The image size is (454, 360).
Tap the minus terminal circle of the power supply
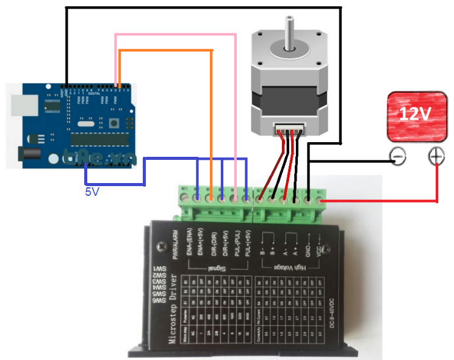click(397, 158)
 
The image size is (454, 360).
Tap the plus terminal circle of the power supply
click(436, 157)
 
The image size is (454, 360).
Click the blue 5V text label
click(91, 191)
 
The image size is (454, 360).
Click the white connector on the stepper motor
click(289, 130)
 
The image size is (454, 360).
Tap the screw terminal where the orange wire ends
click(210, 198)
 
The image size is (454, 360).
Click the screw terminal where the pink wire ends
click(234, 198)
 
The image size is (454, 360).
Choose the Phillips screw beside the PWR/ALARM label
click(161, 247)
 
